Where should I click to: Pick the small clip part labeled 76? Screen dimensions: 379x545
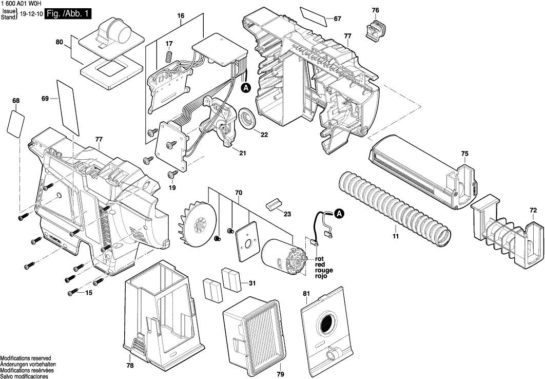point(375,28)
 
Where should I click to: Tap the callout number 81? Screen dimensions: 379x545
point(306,293)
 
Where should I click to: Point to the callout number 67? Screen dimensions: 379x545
point(337,19)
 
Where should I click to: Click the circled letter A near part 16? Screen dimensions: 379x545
point(246,88)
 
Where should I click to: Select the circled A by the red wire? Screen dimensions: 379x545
point(339,213)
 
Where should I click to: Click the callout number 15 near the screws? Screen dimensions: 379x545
point(89,293)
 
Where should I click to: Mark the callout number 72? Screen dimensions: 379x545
point(533,210)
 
